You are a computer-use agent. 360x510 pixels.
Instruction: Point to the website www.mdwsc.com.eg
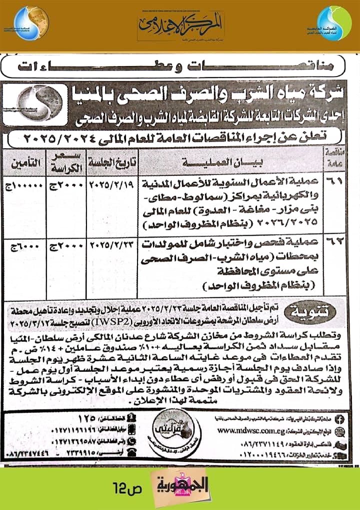tap(249, 429)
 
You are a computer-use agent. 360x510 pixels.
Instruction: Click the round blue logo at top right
tap(334, 24)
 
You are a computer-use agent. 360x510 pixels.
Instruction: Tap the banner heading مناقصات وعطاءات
tap(180, 66)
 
